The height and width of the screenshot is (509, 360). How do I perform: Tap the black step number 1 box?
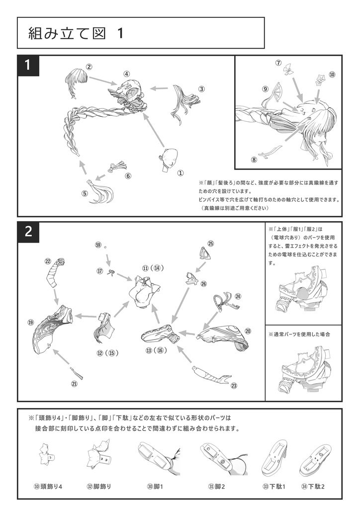(x=29, y=65)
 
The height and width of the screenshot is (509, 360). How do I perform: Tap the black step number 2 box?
(x=29, y=231)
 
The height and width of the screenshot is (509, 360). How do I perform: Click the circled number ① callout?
(x=180, y=173)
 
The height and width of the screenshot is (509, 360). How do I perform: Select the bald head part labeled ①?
(x=169, y=159)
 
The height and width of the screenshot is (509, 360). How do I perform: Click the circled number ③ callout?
(x=201, y=89)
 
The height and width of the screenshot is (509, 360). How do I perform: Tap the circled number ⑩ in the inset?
(x=332, y=75)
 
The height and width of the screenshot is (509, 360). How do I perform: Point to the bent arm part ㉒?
(x=55, y=274)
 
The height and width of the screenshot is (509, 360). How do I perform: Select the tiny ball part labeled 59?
(x=105, y=246)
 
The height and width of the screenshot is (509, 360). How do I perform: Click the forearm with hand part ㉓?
(x=210, y=376)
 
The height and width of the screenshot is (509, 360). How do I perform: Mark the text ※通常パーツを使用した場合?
(x=299, y=334)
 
